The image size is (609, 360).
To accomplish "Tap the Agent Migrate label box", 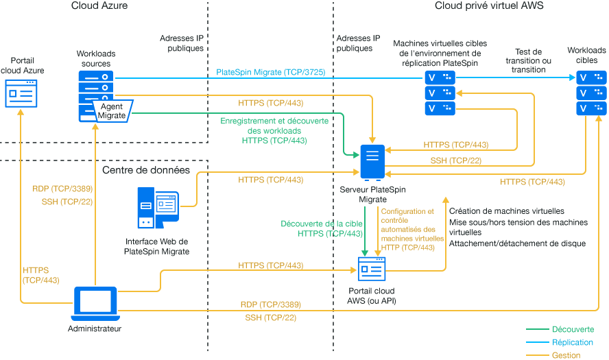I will click(x=112, y=111).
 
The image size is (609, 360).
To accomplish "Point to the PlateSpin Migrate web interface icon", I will click(x=158, y=208).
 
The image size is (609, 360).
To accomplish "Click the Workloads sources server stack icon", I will click(x=96, y=88).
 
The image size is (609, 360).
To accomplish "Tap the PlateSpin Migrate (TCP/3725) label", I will click(x=270, y=72).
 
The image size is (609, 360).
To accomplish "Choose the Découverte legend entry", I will click(x=573, y=330).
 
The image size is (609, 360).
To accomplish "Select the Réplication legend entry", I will click(x=573, y=342).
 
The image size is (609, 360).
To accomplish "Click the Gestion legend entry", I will click(x=566, y=355).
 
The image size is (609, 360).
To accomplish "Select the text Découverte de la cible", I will click(x=322, y=224).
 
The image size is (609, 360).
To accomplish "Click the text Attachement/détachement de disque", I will click(x=517, y=243).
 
